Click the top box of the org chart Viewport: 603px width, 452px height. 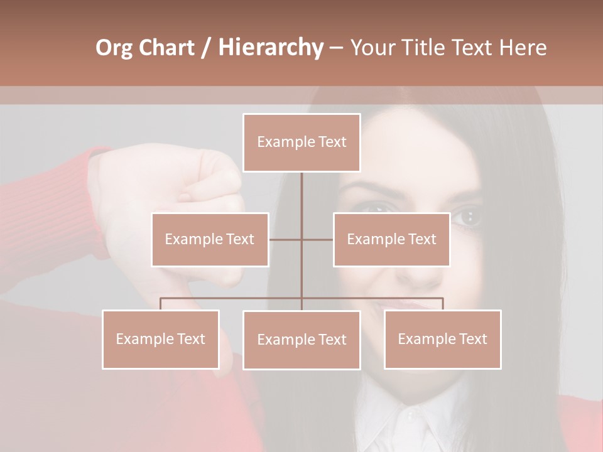pos(301,143)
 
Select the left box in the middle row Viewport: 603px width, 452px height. pos(210,239)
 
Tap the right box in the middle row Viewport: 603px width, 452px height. pos(391,239)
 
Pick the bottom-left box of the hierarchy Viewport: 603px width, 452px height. pos(161,339)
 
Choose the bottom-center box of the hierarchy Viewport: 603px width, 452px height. pos(301,340)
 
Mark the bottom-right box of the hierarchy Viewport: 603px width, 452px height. pos(442,339)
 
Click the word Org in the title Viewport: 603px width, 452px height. pos(114,48)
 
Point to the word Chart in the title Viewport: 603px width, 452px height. pos(166,48)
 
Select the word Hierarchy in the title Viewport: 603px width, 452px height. pos(270,48)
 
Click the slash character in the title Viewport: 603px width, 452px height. pos(207,48)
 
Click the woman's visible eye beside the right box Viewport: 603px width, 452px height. pos(467,217)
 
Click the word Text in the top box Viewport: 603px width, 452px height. pos(333,142)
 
